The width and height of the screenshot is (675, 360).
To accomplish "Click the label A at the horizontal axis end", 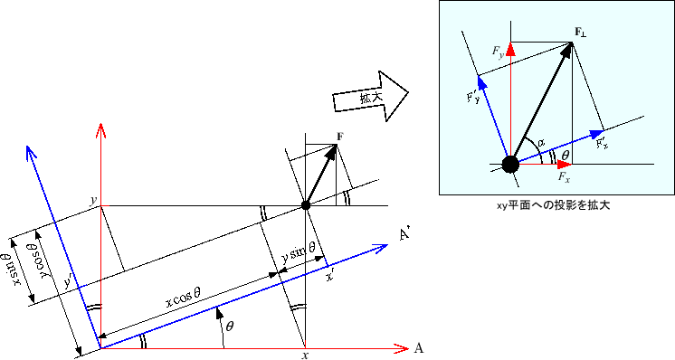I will (x=419, y=348).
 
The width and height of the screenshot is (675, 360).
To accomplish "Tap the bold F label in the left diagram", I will (x=339, y=137).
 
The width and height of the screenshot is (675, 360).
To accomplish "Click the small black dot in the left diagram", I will (x=306, y=206).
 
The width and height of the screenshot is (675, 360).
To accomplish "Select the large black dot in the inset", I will (x=509, y=164).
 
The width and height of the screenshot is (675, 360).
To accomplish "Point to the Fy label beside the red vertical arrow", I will (x=499, y=56).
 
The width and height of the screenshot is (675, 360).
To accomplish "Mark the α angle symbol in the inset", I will (x=541, y=143).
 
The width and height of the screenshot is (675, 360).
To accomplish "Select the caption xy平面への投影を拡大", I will (x=554, y=205).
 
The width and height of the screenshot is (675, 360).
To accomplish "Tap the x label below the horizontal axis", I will (x=305, y=356).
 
